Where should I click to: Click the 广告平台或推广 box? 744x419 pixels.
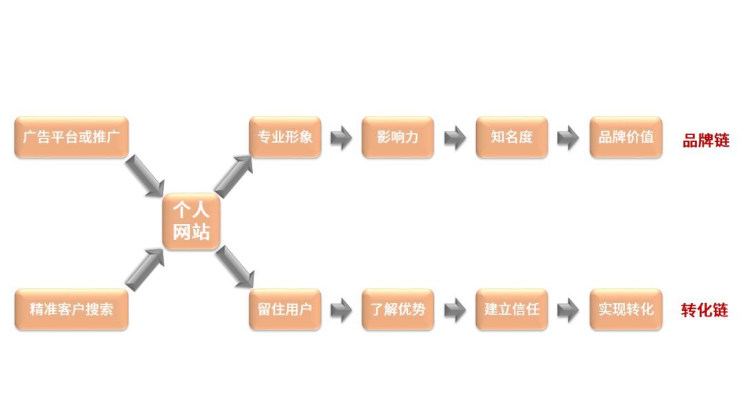[71, 136]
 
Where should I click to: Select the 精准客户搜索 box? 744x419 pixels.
[71, 309]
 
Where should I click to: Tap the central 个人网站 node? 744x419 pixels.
[191, 221]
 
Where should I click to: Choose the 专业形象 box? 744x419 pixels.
[285, 136]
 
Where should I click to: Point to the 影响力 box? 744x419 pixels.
[397, 136]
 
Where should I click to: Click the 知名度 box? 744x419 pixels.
[511, 136]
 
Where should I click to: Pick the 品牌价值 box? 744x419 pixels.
[626, 136]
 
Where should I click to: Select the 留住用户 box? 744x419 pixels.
[285, 309]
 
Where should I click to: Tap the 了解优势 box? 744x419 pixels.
[397, 309]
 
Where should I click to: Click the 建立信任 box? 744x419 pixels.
[511, 309]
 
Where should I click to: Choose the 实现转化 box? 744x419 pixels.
[626, 309]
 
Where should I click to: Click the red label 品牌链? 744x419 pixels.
[705, 141]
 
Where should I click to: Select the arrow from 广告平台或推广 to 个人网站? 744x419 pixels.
[145, 175]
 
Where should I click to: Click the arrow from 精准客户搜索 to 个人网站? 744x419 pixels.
[145, 267]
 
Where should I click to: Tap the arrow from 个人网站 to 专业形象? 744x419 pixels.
[234, 175]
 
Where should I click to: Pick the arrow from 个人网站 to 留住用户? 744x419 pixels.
[234, 267]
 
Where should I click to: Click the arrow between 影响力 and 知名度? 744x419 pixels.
[455, 138]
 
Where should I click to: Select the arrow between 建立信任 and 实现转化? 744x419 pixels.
[568, 310]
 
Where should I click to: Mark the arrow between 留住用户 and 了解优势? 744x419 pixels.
[341, 310]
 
